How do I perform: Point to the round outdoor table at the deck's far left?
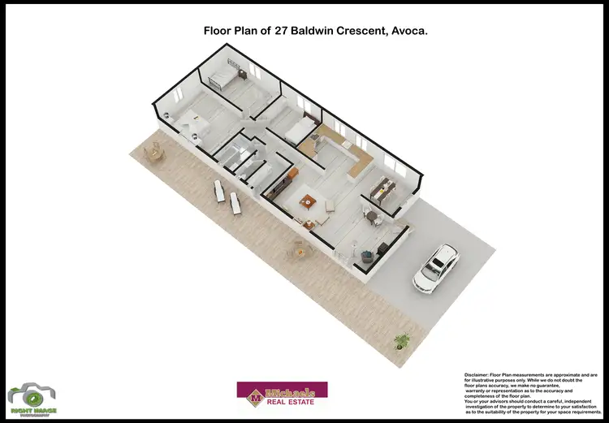pyautogui.click(x=154, y=151)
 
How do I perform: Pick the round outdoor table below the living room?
pyautogui.click(x=295, y=252)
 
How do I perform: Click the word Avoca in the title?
pyautogui.click(x=408, y=30)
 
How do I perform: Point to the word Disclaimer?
pyautogui.click(x=479, y=375)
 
